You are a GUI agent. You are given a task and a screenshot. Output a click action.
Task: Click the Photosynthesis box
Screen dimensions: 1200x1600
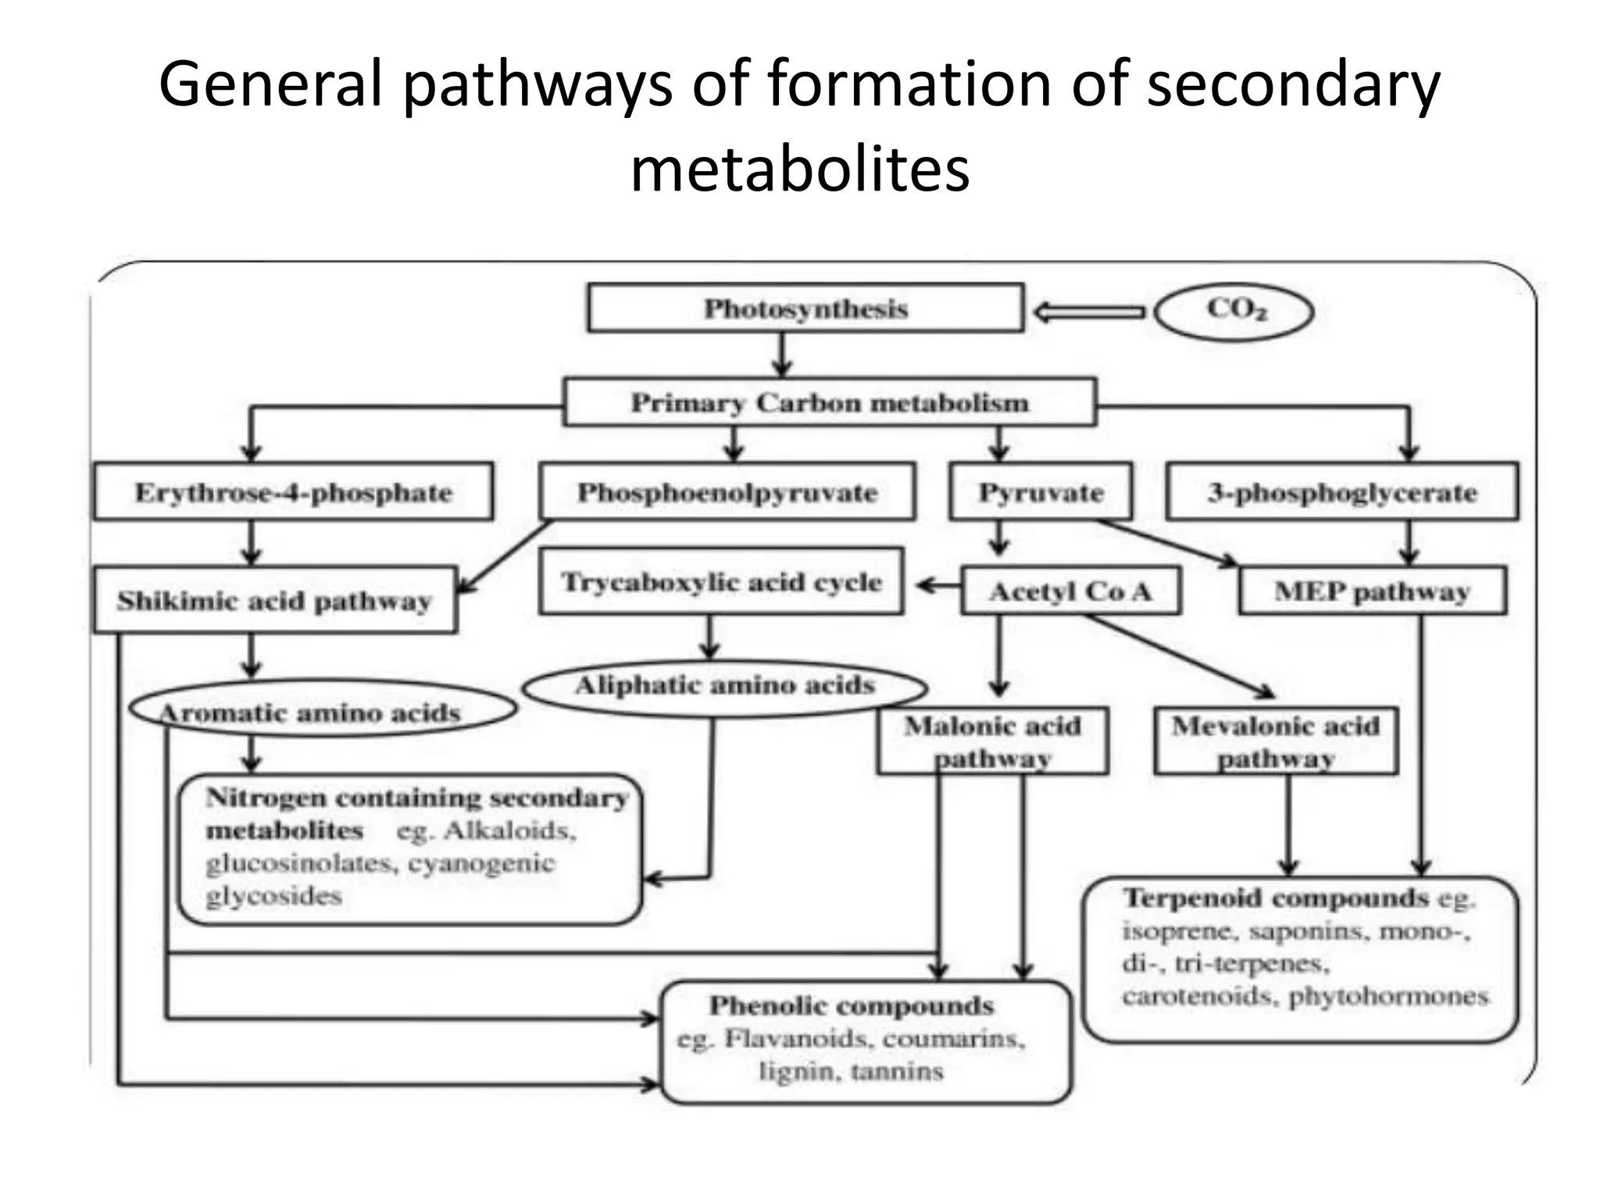[x=805, y=309]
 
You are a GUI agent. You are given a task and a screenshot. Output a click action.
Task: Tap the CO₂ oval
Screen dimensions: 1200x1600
[x=1234, y=310]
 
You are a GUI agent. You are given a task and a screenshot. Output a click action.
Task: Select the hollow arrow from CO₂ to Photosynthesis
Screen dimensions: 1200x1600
[x=1089, y=312]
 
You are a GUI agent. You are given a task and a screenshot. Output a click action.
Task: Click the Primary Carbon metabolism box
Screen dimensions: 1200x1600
[x=830, y=403]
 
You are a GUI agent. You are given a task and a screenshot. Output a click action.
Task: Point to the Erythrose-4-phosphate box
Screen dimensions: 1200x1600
[x=293, y=492]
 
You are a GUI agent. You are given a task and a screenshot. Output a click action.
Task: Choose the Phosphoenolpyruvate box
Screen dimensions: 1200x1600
[x=727, y=492]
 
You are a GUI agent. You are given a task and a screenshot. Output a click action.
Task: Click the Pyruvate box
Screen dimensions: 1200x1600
[x=1041, y=492]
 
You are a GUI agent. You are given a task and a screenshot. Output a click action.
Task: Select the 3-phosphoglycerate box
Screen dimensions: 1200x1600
[x=1342, y=492]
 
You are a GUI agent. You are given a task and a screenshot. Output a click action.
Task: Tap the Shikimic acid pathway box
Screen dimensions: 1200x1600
[x=274, y=601]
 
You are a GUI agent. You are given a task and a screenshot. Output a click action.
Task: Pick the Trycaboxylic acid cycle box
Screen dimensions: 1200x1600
[x=721, y=582]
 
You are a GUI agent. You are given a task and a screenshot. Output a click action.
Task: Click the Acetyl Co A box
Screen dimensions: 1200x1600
[x=1070, y=591]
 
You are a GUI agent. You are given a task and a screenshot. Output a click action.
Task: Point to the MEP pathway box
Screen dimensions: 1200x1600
[x=1372, y=591]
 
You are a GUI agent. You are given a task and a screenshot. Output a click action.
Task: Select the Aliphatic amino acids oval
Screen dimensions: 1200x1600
[x=724, y=686]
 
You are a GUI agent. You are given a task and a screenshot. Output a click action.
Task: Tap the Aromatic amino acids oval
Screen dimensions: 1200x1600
[x=322, y=711]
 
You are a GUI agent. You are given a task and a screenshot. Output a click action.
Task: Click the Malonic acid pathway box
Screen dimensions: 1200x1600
[x=992, y=741]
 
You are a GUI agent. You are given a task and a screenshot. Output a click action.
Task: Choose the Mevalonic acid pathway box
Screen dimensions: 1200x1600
[x=1276, y=741]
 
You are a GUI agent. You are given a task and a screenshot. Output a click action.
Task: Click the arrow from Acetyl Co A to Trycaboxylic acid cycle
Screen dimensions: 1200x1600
[x=937, y=585]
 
